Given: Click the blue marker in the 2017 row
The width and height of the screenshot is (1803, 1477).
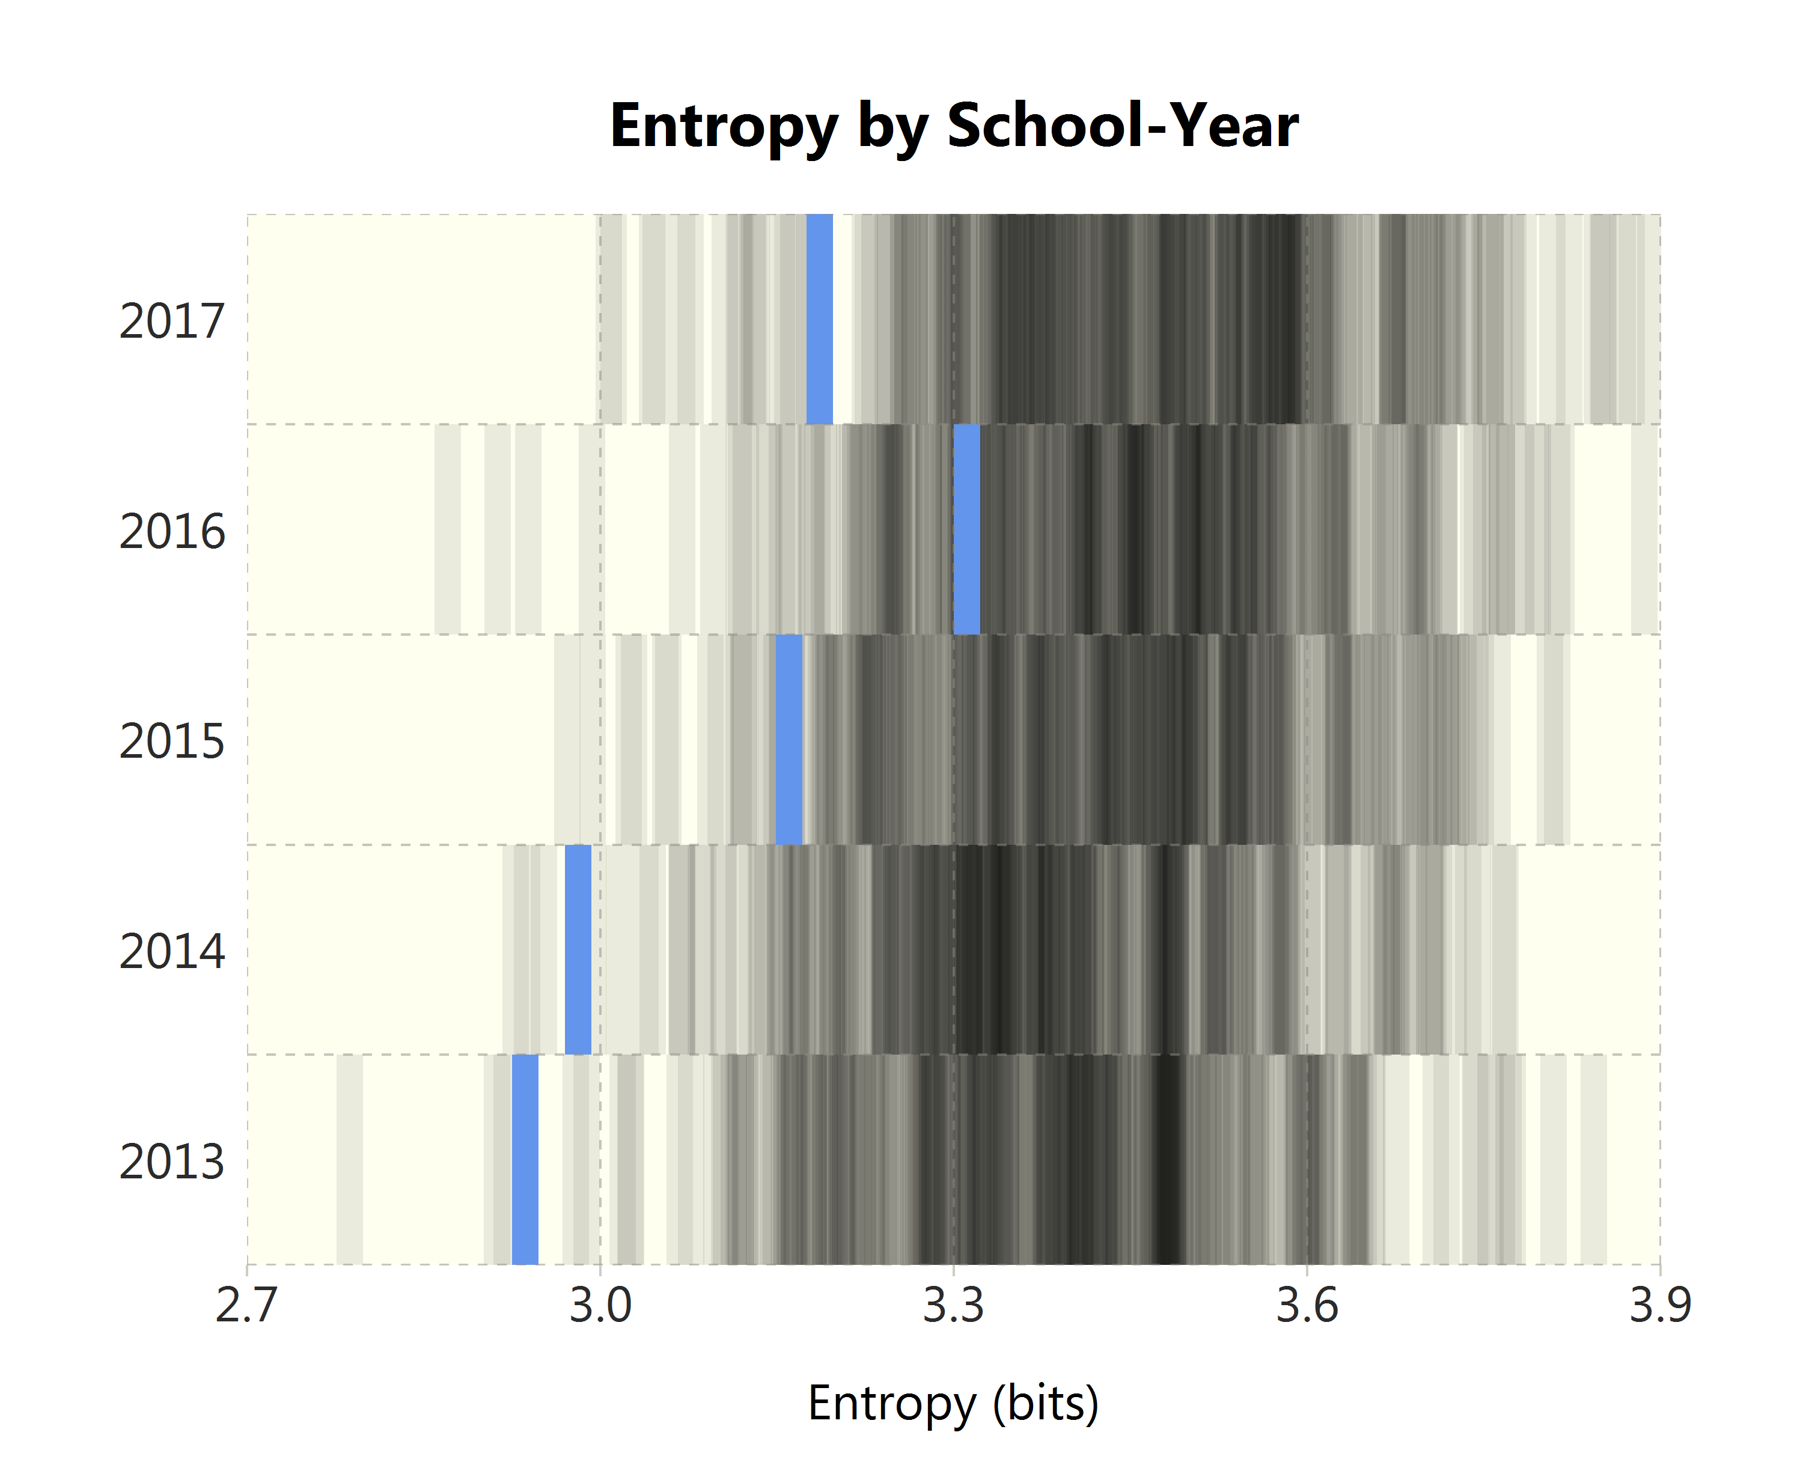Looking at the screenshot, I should [x=819, y=319].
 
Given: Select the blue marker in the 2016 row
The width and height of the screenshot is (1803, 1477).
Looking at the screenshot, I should [x=966, y=529].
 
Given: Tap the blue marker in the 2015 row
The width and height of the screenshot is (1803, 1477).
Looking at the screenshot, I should [x=789, y=739].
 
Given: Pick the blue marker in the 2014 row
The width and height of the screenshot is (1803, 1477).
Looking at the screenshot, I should [x=578, y=949].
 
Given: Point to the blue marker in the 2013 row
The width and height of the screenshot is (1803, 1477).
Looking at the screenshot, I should [x=525, y=1160].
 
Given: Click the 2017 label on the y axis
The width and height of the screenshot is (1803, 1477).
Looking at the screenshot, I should [x=172, y=321].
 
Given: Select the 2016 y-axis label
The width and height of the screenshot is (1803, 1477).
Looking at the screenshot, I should [x=172, y=532].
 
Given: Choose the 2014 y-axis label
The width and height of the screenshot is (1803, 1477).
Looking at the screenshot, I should [x=172, y=951].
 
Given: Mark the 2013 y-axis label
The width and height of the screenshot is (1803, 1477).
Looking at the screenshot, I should [x=172, y=1162].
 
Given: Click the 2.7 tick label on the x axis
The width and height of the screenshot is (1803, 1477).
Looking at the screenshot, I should [x=247, y=1306].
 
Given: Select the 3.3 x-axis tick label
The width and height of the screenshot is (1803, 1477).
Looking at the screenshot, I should [x=954, y=1306].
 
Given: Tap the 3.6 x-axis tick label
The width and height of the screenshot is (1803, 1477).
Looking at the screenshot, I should [x=1307, y=1306].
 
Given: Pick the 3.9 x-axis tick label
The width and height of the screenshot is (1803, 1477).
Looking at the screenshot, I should [x=1660, y=1306].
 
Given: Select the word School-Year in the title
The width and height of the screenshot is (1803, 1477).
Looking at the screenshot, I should [x=1122, y=126].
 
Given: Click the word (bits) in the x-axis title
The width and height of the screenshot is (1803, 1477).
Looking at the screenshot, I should [x=1046, y=1404].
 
